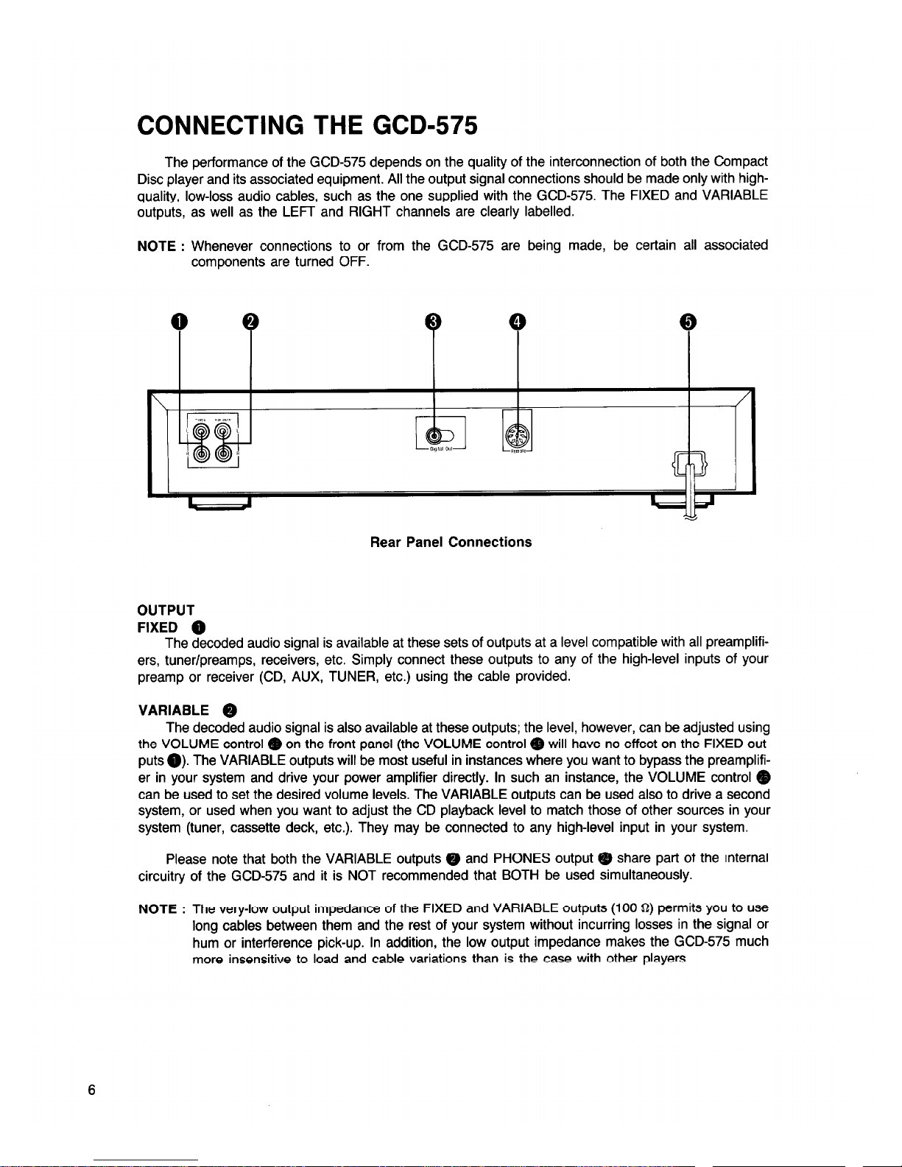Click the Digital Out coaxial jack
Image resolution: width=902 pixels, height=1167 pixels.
(x=435, y=435)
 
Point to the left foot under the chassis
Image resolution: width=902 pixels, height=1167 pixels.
(x=220, y=502)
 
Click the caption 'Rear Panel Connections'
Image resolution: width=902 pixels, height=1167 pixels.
(x=451, y=543)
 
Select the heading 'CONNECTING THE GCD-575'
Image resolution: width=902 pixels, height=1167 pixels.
(x=308, y=127)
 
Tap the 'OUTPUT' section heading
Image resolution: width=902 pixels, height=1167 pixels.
(x=166, y=610)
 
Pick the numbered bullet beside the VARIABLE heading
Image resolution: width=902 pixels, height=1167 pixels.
(x=230, y=711)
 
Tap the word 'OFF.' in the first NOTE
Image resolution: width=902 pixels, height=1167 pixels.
(x=353, y=263)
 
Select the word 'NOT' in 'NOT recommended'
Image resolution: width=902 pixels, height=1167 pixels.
(x=362, y=875)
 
